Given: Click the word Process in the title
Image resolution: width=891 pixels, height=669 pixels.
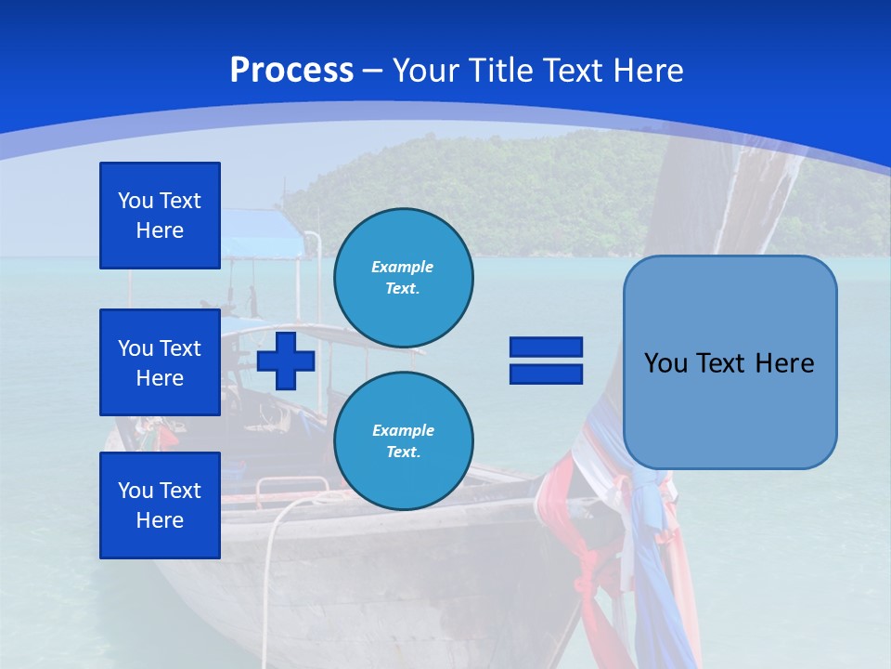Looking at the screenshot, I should (x=291, y=71).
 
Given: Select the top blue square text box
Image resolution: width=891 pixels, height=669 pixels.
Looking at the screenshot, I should (x=160, y=216).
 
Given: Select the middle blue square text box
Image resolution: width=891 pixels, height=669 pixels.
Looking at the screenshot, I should (x=160, y=362).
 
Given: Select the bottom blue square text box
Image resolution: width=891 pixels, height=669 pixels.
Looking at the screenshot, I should (x=160, y=505).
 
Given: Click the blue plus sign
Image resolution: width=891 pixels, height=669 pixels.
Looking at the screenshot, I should (x=286, y=361).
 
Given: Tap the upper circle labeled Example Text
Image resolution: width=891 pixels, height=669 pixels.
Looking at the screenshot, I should (x=403, y=277).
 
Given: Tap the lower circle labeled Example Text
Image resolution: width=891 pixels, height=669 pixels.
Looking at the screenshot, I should (x=403, y=441).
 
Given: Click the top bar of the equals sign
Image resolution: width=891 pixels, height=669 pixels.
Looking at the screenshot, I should (x=546, y=348).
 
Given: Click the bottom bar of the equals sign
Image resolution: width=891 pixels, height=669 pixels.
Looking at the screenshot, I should (x=546, y=374).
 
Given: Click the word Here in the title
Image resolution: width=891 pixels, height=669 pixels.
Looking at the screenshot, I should (x=648, y=71).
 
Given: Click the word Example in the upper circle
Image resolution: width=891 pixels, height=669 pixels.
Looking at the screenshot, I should (x=403, y=267).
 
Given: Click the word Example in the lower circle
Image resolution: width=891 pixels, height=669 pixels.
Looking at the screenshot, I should (x=403, y=430).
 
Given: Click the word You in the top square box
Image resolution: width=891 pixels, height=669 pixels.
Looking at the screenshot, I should (x=136, y=201).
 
